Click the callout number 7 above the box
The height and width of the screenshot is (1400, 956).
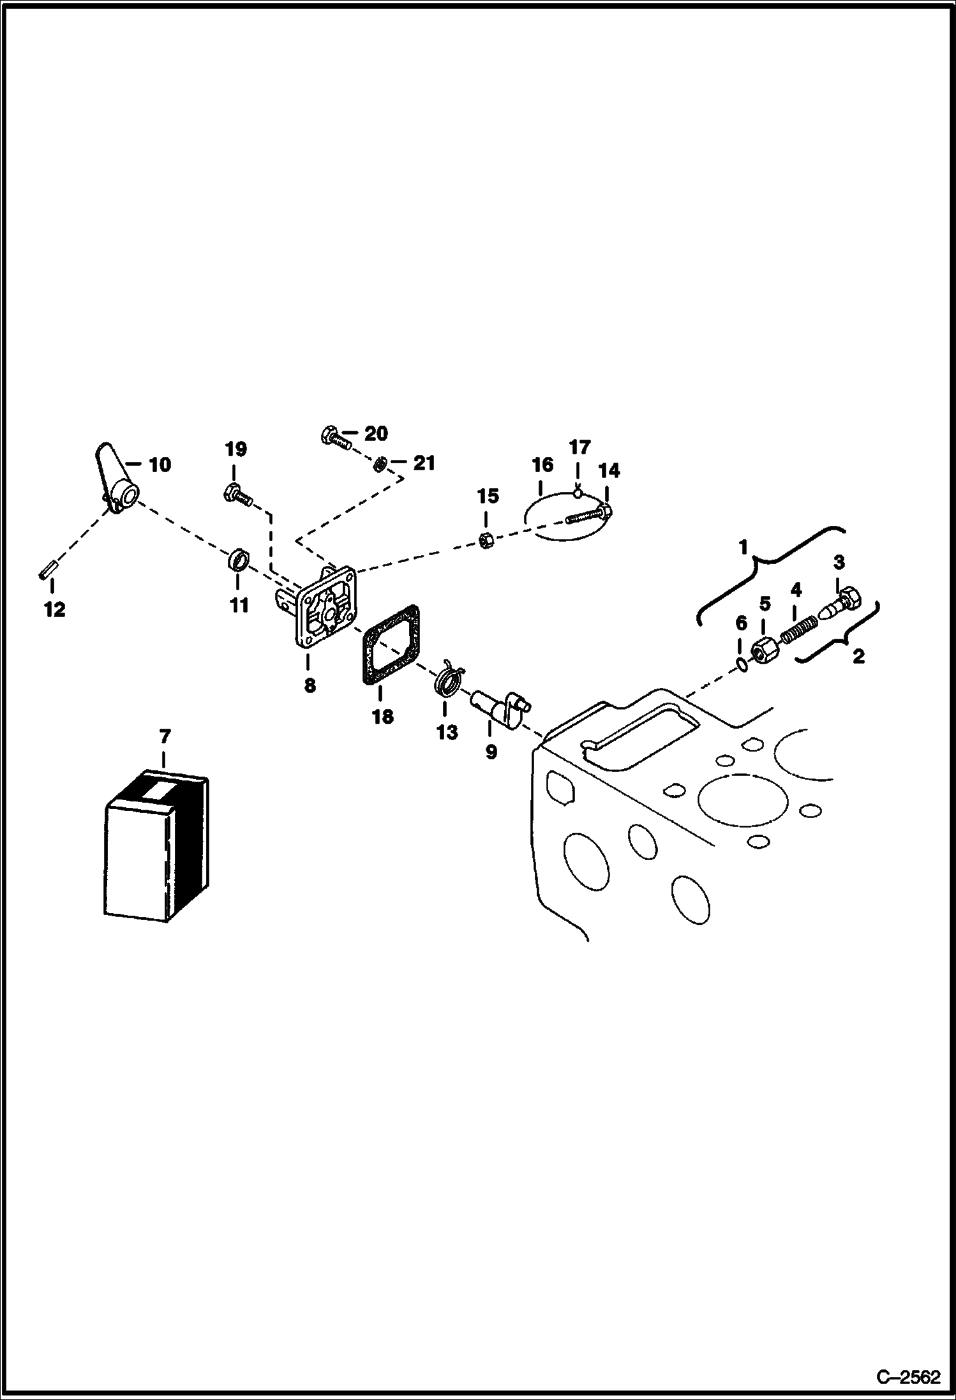165,737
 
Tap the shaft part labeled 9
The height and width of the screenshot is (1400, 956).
502,707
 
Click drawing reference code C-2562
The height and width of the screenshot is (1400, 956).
908,1379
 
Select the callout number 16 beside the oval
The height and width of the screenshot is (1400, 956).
542,465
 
